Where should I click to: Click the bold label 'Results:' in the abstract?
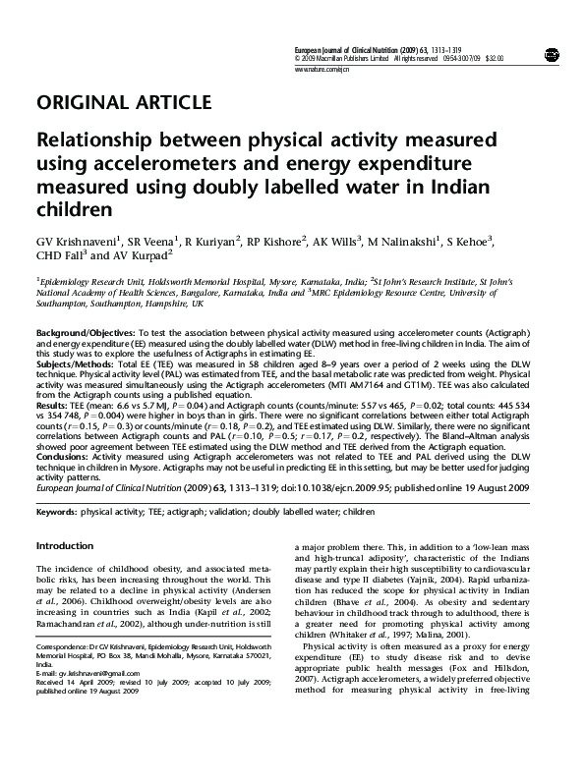(x=52, y=404)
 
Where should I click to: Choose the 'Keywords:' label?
(x=57, y=513)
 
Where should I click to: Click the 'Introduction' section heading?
(x=65, y=545)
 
